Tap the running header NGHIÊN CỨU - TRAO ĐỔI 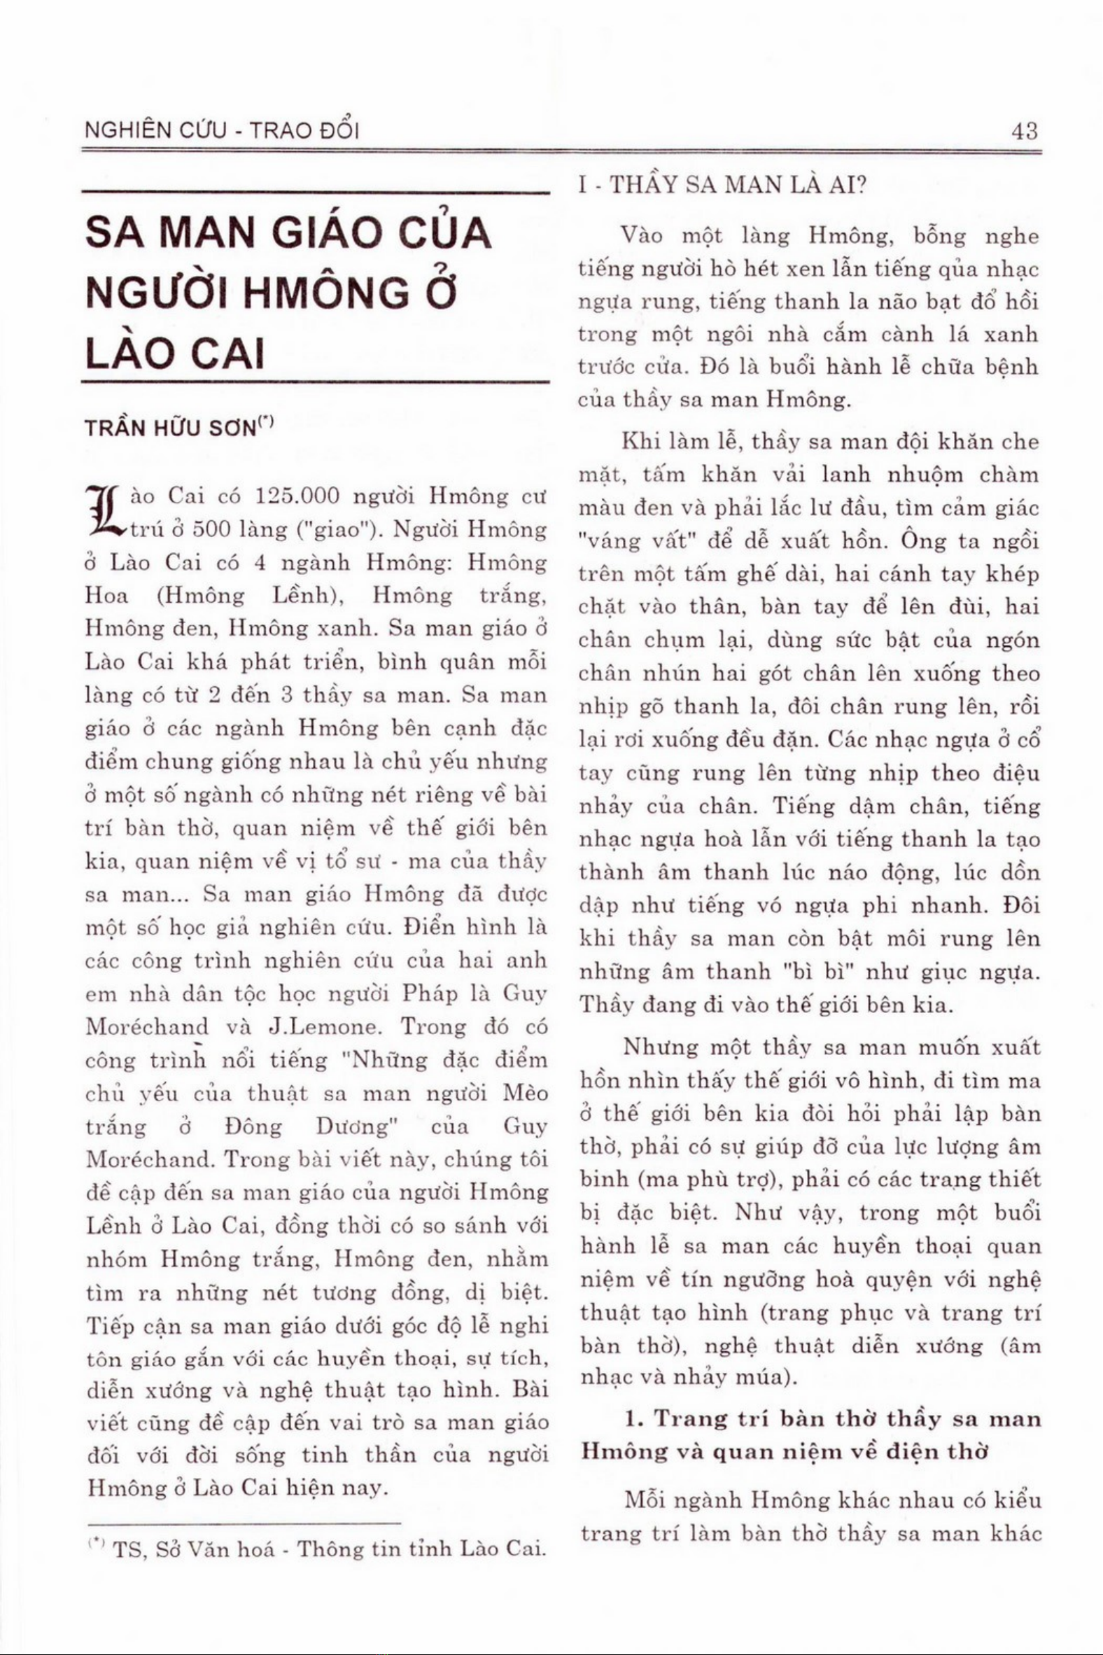pyautogui.click(x=223, y=131)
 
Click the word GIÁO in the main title pyautogui.click(x=328, y=235)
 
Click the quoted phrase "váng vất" pyautogui.click(x=634, y=543)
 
